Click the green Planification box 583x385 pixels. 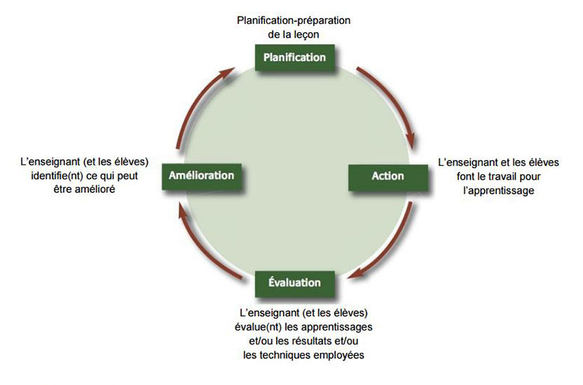294,58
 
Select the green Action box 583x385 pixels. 388,176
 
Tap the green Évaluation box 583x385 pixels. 294,283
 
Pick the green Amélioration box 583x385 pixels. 201,176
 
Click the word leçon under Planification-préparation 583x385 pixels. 309,33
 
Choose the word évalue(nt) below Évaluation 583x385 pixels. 255,327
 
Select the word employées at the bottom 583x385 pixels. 338,355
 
